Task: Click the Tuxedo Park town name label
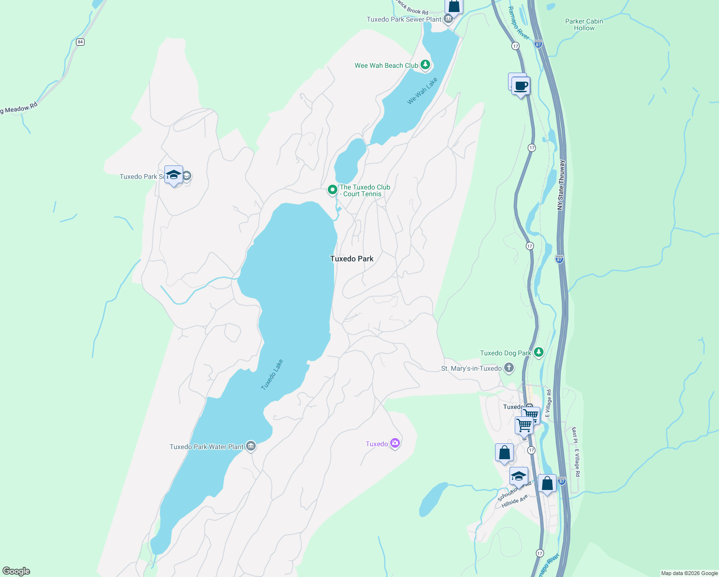click(352, 259)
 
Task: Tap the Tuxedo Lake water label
click(272, 375)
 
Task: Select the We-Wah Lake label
click(422, 91)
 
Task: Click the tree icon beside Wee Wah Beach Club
click(425, 65)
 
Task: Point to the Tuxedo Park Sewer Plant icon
click(448, 19)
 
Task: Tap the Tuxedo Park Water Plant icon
click(250, 446)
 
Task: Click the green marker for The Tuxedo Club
click(332, 190)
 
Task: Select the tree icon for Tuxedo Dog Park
click(539, 352)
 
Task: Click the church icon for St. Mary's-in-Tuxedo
click(509, 368)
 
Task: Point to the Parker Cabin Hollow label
click(584, 25)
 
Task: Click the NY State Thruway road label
click(561, 185)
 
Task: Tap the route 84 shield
click(80, 42)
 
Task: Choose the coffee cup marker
click(521, 87)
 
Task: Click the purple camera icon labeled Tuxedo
click(395, 443)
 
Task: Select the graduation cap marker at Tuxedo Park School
click(174, 175)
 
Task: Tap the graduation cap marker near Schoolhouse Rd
click(518, 476)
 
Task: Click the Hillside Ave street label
click(514, 501)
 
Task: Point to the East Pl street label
click(574, 435)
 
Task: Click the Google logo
click(16, 571)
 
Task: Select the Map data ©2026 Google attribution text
click(689, 573)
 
